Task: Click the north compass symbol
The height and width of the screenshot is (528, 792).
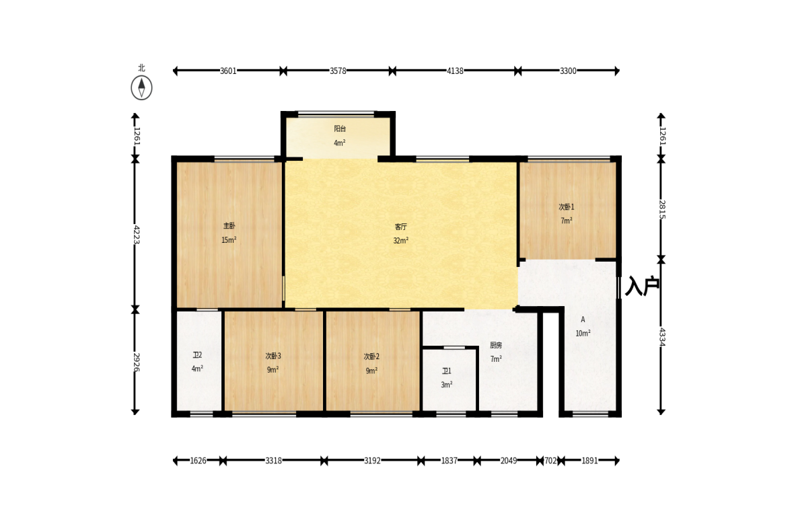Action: (141, 88)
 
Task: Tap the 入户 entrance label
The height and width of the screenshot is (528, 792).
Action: (643, 286)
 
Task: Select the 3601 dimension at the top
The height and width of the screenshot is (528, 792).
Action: (228, 71)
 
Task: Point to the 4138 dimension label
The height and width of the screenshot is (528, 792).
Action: (455, 71)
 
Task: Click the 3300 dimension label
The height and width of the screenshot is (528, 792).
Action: (568, 71)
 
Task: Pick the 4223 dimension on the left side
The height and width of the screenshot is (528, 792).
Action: (136, 235)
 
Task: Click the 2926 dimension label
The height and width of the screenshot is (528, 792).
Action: (136, 362)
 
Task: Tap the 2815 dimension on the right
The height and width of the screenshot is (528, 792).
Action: (662, 209)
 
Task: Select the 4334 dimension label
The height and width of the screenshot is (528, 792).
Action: (662, 337)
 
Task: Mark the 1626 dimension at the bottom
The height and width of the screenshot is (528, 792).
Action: (198, 460)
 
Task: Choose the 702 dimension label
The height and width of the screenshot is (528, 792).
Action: (550, 460)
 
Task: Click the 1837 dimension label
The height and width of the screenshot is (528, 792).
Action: (449, 460)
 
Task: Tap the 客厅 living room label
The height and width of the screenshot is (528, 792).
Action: (400, 227)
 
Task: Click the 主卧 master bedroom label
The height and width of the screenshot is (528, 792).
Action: (229, 225)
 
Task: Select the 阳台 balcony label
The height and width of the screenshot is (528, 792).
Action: (339, 128)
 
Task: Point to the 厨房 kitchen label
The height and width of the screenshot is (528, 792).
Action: (496, 345)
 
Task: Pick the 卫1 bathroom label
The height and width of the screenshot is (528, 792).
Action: (447, 371)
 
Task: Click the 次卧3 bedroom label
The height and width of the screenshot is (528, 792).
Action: (273, 356)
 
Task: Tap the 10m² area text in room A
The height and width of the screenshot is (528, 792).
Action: (583, 333)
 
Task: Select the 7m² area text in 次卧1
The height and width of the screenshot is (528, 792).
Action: (566, 221)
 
